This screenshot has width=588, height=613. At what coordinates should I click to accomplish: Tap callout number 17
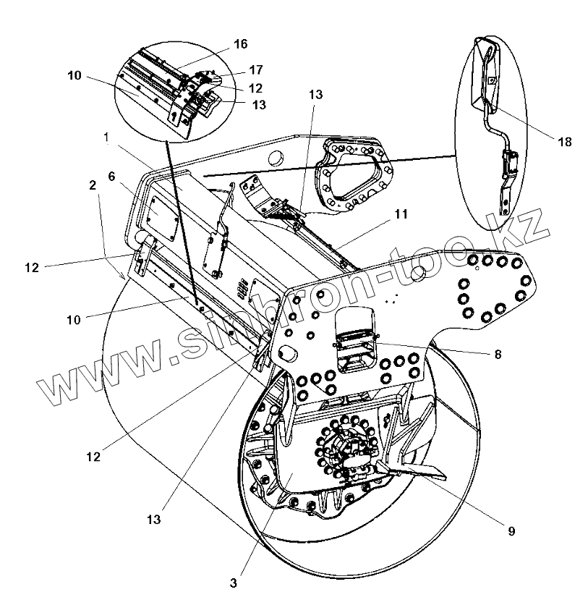click(x=255, y=70)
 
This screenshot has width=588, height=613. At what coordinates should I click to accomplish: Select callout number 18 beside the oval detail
click(x=564, y=142)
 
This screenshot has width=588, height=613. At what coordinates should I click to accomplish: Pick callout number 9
click(x=511, y=531)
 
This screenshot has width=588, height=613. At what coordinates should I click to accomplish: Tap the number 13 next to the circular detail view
click(x=258, y=105)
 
